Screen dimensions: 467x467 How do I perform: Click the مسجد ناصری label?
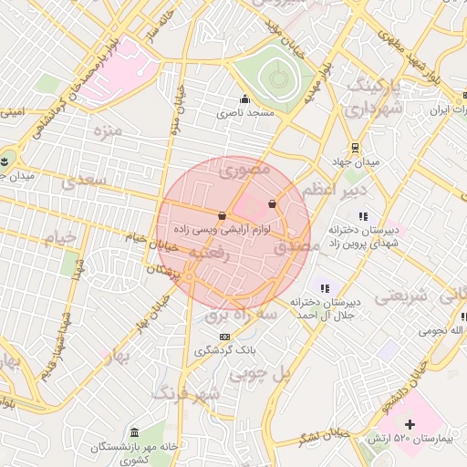[x=244, y=114]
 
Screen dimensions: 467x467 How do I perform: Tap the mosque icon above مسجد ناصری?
[x=244, y=99]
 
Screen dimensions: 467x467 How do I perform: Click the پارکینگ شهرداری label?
[x=373, y=98]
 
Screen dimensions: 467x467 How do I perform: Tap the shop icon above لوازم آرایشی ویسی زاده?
[x=223, y=215]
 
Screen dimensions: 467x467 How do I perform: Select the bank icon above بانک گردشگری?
[x=225, y=336]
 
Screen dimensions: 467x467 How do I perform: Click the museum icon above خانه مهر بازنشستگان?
[x=135, y=431]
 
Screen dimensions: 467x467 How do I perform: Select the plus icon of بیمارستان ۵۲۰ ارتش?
[x=410, y=424]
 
